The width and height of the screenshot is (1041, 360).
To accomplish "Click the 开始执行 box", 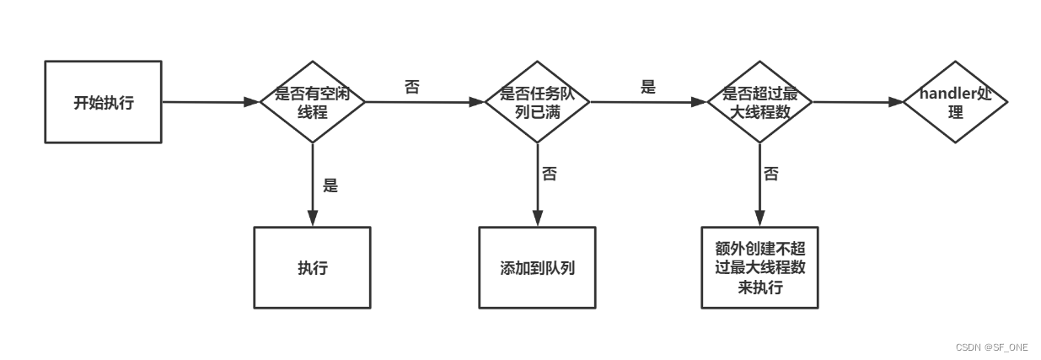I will [x=102, y=102].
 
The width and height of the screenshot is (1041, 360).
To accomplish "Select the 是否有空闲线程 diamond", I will [x=313, y=102].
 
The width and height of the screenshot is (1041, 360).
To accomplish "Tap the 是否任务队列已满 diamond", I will [x=537, y=102].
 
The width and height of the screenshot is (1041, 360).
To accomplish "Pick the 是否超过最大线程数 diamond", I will [x=759, y=102].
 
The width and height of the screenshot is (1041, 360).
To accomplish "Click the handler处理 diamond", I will [x=955, y=102].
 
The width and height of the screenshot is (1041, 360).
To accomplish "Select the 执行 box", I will [x=313, y=268].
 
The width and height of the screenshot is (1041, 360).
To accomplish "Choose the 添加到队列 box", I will [x=537, y=268].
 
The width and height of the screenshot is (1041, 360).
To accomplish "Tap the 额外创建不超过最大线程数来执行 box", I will [x=759, y=268].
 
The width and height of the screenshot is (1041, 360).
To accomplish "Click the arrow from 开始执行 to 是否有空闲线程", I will [x=210, y=102].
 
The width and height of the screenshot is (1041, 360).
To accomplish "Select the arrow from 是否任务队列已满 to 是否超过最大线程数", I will [x=648, y=103].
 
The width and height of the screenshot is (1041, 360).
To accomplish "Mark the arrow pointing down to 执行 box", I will [x=313, y=185].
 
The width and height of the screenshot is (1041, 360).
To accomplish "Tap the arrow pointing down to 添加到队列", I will [x=537, y=185].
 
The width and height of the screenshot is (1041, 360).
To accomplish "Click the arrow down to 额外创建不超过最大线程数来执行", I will [x=759, y=185].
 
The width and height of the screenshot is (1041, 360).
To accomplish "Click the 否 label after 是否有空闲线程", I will [x=411, y=87].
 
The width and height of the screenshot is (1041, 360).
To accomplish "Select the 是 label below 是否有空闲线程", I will [x=330, y=185].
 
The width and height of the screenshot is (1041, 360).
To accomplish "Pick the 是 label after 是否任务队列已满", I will [x=647, y=87].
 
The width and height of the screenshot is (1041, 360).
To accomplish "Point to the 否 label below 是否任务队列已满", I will [x=549, y=175].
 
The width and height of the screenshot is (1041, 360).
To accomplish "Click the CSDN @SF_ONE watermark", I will [x=990, y=347].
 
